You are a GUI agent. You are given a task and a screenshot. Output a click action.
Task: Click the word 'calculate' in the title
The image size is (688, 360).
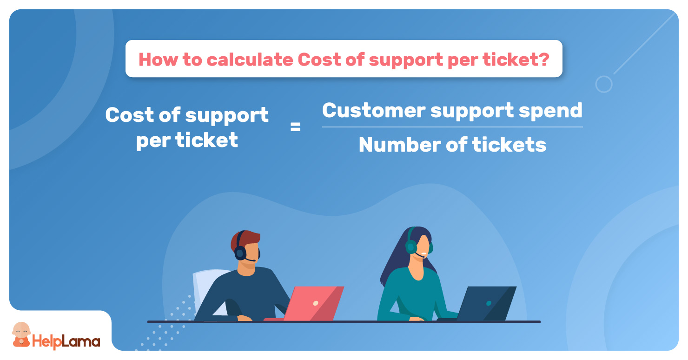point(250,60)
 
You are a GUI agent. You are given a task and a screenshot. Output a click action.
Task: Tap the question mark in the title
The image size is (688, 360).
point(543,60)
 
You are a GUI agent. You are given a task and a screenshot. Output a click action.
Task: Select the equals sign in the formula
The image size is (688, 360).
point(295,127)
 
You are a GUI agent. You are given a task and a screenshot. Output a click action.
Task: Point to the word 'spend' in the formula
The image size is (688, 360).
point(550,111)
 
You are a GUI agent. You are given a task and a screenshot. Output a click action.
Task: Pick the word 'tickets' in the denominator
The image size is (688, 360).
point(509,145)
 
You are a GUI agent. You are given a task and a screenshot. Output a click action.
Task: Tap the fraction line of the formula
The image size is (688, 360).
point(452,127)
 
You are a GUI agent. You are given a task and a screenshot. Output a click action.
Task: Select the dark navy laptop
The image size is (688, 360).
point(482,304)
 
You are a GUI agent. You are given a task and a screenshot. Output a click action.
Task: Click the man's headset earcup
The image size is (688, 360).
point(240,253)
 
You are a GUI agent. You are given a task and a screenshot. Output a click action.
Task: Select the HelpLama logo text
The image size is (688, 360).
point(66,341)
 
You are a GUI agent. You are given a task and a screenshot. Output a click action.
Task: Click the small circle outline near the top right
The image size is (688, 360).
point(604,84)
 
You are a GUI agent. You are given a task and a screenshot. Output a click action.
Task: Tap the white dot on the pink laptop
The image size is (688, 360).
point(316,303)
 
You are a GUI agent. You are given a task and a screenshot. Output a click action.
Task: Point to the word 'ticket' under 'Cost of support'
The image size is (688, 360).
point(206,140)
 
